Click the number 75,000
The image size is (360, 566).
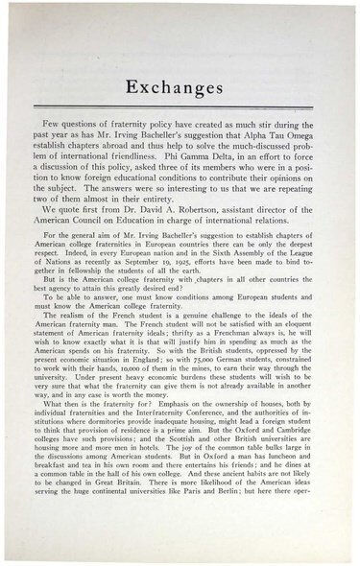click(x=203, y=359)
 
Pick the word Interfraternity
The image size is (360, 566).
click(x=163, y=410)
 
